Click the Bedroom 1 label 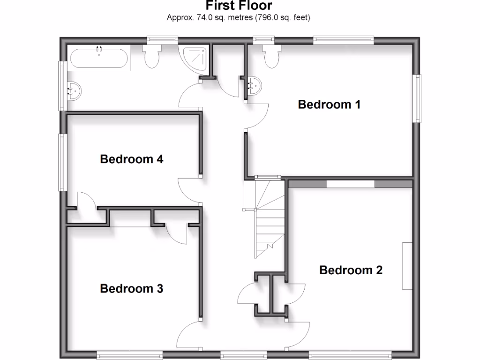click(x=329, y=104)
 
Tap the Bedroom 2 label click(x=351, y=270)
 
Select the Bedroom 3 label click(x=131, y=288)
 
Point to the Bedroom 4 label click(x=131, y=159)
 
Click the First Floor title click(x=239, y=6)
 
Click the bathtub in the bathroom click(x=99, y=59)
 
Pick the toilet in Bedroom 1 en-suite click(x=271, y=56)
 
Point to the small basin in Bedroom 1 click(x=254, y=85)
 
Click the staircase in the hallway click(x=268, y=216)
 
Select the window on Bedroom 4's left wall click(x=62, y=162)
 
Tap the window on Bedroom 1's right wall click(x=416, y=98)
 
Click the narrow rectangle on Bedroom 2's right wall click(x=407, y=266)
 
